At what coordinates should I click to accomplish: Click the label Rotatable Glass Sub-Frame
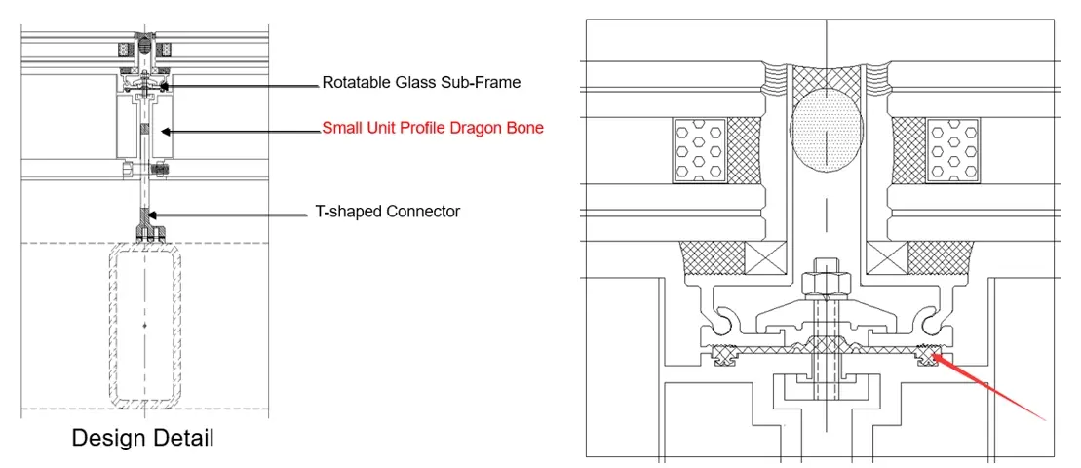[x=421, y=83]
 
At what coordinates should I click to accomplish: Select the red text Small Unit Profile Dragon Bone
[x=433, y=128]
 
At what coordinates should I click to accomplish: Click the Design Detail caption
[x=142, y=439]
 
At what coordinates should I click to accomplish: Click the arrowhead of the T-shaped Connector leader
[x=150, y=213]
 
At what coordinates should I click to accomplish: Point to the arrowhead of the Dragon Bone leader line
[x=166, y=131]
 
